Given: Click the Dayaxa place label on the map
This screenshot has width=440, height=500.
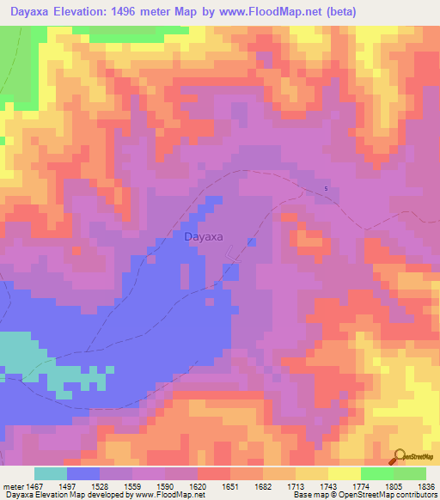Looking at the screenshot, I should [x=205, y=235].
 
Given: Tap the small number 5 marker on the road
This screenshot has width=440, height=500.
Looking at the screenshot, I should [x=326, y=189].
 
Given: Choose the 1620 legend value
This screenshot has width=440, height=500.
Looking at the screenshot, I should [x=197, y=487].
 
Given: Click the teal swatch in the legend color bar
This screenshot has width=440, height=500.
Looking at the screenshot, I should [x=51, y=473].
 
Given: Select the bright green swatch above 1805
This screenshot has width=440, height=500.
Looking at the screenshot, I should [x=377, y=473].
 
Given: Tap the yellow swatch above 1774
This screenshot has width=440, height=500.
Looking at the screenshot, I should [x=345, y=473].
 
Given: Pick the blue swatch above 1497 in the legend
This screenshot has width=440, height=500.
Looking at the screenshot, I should [x=83, y=473].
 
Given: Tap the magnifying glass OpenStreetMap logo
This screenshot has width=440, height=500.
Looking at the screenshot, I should [x=400, y=455].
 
